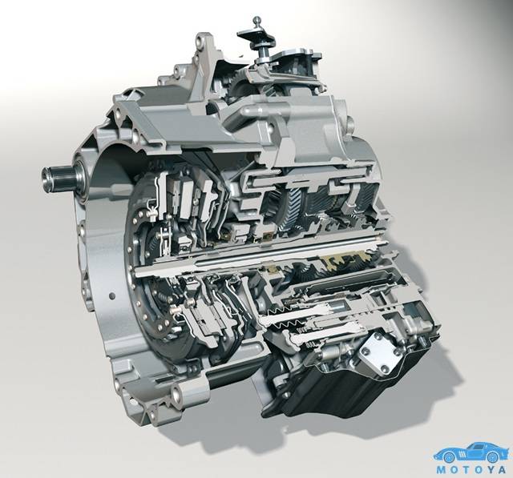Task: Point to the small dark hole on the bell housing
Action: pos(112,296)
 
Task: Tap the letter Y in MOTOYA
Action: pos(488,470)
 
